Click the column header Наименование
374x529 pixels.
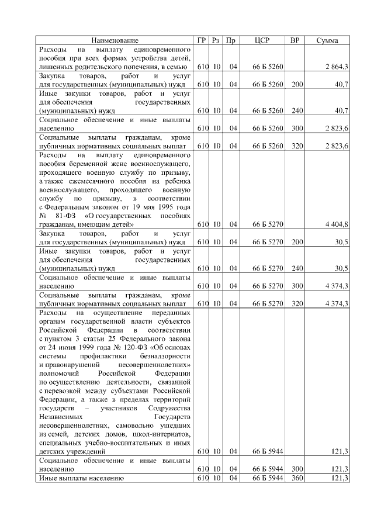[x=115, y=40]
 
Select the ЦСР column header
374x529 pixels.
[x=262, y=40]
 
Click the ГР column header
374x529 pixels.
[x=202, y=40]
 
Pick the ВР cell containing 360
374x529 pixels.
[x=297, y=478]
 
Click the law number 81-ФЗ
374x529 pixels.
[x=66, y=215]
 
